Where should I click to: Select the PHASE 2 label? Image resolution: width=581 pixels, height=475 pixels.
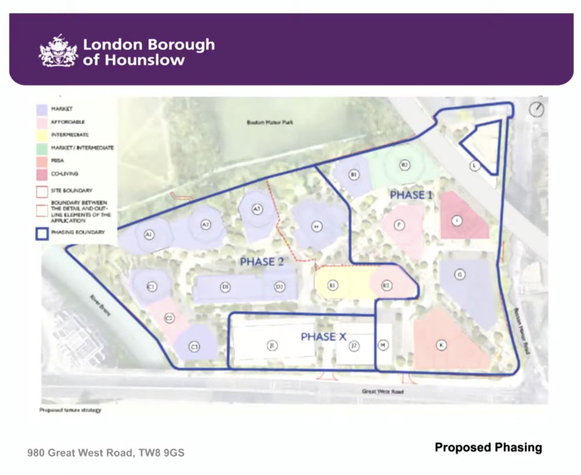(x=261, y=262)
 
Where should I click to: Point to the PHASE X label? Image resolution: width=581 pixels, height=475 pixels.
(x=323, y=336)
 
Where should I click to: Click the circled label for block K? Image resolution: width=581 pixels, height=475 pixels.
(x=441, y=345)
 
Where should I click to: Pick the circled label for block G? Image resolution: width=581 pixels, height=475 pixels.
(x=459, y=275)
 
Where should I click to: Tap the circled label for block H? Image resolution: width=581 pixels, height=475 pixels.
(x=317, y=226)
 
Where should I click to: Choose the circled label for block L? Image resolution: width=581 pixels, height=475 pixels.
(x=475, y=166)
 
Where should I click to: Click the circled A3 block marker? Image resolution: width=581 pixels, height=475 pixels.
(x=257, y=209)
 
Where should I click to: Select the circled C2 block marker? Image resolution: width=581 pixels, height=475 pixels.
(x=169, y=318)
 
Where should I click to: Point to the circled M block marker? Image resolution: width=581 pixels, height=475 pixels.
(x=383, y=345)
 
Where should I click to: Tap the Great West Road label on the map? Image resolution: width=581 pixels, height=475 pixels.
(x=382, y=391)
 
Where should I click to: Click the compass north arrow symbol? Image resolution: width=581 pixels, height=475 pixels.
(x=536, y=110)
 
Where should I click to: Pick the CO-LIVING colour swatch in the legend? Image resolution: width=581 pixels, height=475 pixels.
(x=43, y=174)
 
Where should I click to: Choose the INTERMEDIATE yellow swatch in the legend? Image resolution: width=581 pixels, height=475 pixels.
(x=43, y=135)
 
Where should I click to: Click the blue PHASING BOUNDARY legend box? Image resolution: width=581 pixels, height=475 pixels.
(x=43, y=233)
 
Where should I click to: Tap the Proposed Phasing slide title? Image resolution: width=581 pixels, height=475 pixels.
(x=488, y=447)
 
